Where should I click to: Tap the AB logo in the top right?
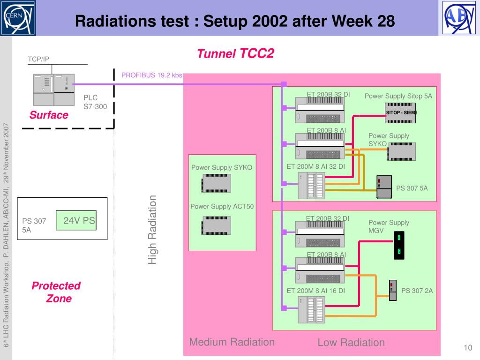pyautogui.click(x=458, y=18)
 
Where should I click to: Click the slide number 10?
pyautogui.click(x=467, y=347)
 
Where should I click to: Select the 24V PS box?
pyautogui.click(x=76, y=220)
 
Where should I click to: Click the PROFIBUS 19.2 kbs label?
pyautogui.click(x=151, y=75)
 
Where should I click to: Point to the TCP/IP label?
pyautogui.click(x=38, y=59)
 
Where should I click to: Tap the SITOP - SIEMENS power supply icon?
pyautogui.click(x=401, y=114)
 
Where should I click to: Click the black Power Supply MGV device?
pyautogui.click(x=398, y=245)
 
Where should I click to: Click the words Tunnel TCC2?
pyautogui.click(x=235, y=54)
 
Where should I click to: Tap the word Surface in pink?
pyautogui.click(x=49, y=115)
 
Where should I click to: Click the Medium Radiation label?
pyautogui.click(x=232, y=342)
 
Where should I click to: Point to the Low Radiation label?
pyautogui.click(x=351, y=343)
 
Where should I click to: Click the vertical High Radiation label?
pyautogui.click(x=152, y=230)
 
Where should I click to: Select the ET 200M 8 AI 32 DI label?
pyautogui.click(x=315, y=166)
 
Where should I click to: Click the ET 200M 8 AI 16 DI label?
pyautogui.click(x=315, y=291)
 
